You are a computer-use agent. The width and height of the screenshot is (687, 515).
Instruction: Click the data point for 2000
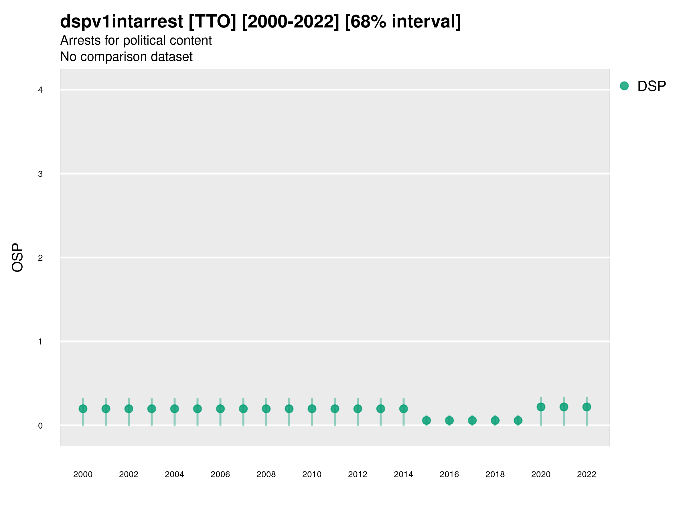click(x=83, y=409)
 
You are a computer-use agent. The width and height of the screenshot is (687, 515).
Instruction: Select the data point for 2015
click(x=427, y=420)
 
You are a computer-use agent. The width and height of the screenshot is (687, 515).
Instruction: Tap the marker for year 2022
click(x=587, y=407)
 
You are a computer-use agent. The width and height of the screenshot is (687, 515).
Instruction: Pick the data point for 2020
click(x=541, y=407)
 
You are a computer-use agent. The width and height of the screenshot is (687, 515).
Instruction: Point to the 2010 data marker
click(x=312, y=409)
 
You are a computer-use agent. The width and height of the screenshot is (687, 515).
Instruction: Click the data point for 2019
click(x=518, y=420)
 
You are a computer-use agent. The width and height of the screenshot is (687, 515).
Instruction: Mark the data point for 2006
click(x=220, y=409)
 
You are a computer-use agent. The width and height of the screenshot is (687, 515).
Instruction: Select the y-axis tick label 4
click(x=40, y=90)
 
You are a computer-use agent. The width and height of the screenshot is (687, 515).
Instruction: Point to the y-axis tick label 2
click(x=40, y=258)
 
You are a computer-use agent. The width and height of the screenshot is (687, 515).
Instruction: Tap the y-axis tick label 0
click(x=40, y=426)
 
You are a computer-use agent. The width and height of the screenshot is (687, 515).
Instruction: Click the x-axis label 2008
click(x=266, y=474)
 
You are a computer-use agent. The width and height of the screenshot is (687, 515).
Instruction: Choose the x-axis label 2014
click(x=403, y=474)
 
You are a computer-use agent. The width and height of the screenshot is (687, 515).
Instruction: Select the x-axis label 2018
click(x=495, y=474)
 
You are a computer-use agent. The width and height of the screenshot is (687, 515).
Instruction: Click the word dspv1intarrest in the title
click(x=121, y=22)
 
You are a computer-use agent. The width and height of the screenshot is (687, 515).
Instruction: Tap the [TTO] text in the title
click(x=212, y=22)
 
